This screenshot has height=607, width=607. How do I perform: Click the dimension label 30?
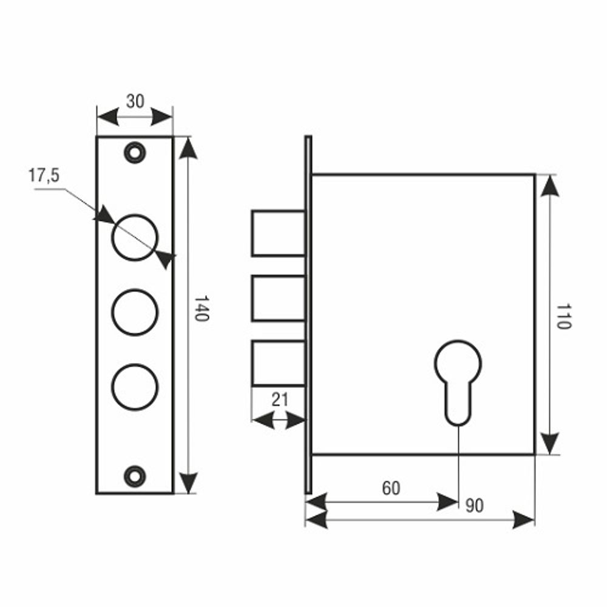tap(135, 101)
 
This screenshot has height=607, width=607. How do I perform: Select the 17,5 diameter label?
tap(44, 176)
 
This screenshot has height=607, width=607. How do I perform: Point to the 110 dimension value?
tap(563, 316)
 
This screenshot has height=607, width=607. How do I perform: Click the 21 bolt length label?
tap(280, 401)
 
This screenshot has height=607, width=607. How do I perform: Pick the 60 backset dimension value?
tap(391, 488)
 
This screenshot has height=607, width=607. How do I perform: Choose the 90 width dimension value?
tap(475, 506)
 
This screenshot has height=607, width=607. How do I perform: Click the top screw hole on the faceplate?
tap(134, 151)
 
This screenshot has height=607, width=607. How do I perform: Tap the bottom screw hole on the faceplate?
tap(134, 475)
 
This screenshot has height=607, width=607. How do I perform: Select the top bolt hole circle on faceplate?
tap(135, 237)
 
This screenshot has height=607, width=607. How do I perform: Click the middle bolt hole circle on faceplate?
tap(135, 312)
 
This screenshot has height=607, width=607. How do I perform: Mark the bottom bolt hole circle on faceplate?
tap(135, 387)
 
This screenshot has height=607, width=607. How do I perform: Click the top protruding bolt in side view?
tap(278, 233)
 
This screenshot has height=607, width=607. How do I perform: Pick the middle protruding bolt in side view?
tap(278, 298)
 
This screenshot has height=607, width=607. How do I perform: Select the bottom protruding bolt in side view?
tap(278, 363)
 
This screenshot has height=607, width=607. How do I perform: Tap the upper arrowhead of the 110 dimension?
tap(550, 186)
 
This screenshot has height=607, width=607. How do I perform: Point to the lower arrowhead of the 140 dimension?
tap(189, 482)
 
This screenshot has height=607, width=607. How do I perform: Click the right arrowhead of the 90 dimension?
tap(523, 520)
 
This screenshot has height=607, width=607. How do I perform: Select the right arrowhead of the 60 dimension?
tap(448, 502)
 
